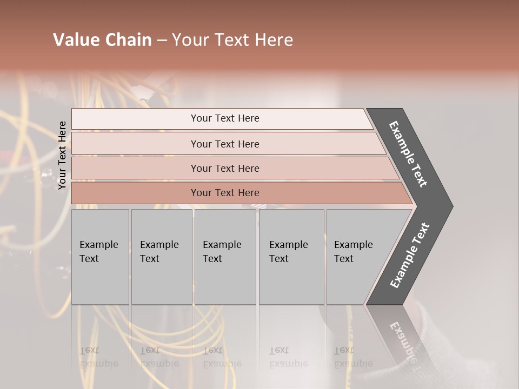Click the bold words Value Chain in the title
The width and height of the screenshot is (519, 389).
pyautogui.click(x=102, y=40)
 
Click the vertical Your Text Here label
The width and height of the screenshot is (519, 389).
pyautogui.click(x=62, y=155)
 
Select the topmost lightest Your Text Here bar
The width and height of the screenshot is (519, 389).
pyautogui.click(x=225, y=118)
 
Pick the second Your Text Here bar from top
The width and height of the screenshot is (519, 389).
pyautogui.click(x=225, y=144)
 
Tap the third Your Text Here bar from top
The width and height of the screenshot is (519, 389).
pyautogui.click(x=225, y=168)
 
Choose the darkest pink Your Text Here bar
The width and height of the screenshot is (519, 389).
pyautogui.click(x=225, y=193)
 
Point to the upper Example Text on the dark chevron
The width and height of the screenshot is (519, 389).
pyautogui.click(x=408, y=154)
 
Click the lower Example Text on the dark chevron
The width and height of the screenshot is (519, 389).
pyautogui.click(x=410, y=256)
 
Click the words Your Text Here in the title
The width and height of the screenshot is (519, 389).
pyautogui.click(x=232, y=40)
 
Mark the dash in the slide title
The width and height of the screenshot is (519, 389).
pyautogui.click(x=162, y=41)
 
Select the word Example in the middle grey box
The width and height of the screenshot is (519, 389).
pyautogui.click(x=222, y=245)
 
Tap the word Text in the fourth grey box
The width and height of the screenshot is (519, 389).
pyautogui.click(x=279, y=259)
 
